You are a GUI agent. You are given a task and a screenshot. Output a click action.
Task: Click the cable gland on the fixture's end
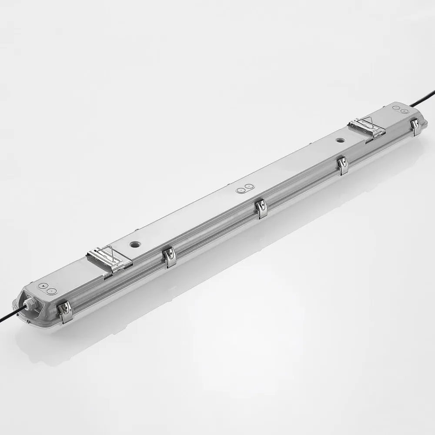click(30, 305)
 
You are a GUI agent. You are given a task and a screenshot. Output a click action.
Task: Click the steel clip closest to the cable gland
click(66, 311)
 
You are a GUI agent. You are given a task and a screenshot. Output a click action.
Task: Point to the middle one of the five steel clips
click(261, 208)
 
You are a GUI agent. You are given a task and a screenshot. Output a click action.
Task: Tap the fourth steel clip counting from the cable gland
click(343, 166)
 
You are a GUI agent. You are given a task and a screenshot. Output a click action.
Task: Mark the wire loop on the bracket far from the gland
click(369, 122)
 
